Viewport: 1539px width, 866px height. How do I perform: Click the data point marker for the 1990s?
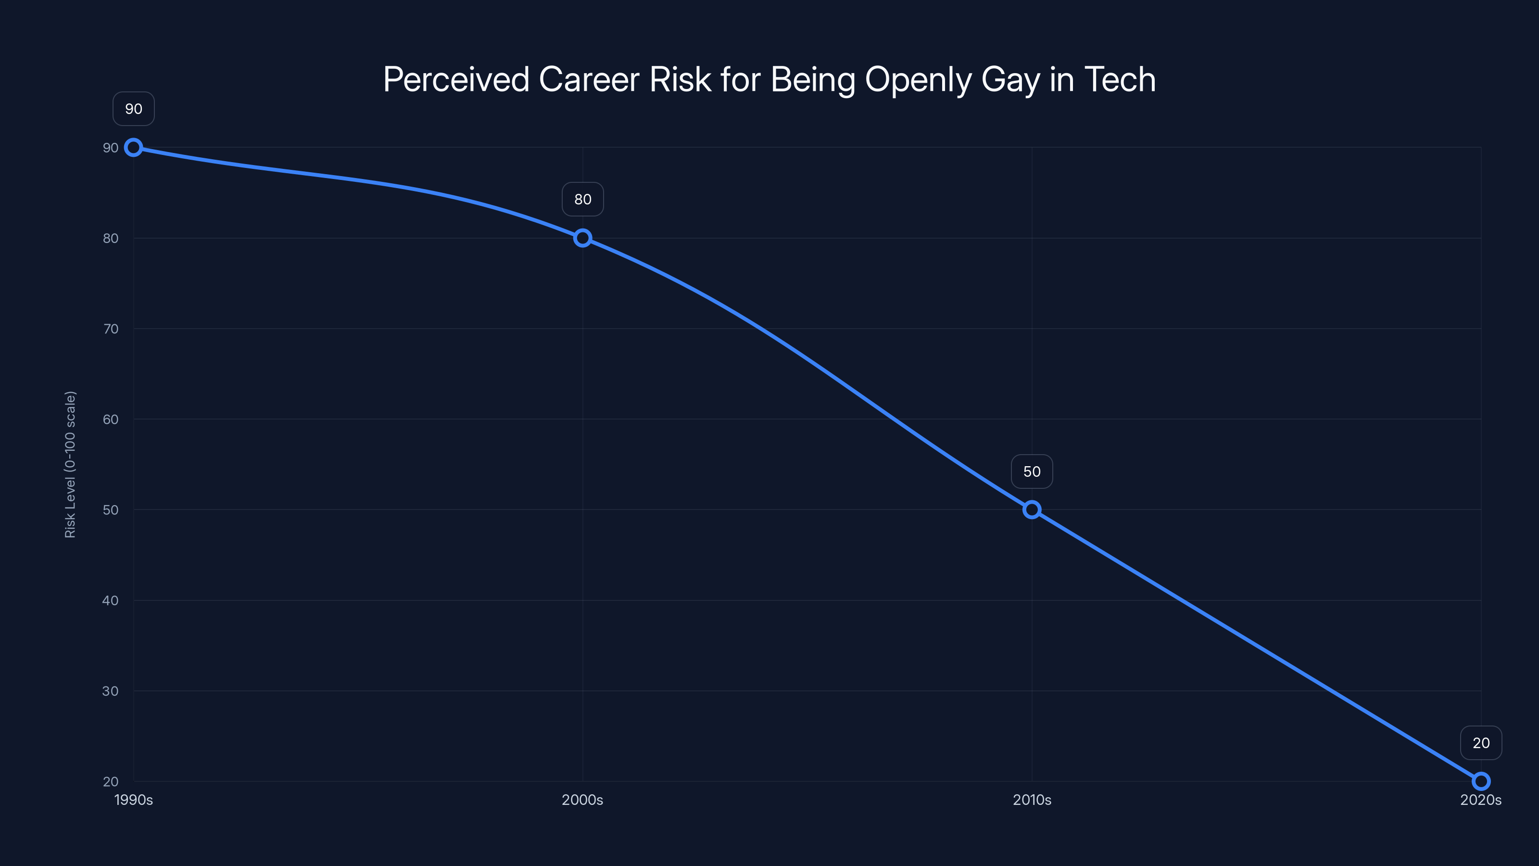(133, 148)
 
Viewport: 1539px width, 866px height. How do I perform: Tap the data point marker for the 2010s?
(1032, 510)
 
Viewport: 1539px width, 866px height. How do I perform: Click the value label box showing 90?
(133, 109)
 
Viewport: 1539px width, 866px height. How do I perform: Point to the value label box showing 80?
(582, 200)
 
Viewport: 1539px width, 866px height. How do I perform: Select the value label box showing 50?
(1032, 471)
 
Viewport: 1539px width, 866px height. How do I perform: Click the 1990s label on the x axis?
(133, 800)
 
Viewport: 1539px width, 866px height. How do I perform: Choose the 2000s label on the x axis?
(582, 800)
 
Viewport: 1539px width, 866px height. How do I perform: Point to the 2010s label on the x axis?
(1032, 800)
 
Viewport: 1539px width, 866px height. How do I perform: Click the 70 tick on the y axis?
(111, 329)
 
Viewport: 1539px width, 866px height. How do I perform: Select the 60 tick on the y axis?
(111, 420)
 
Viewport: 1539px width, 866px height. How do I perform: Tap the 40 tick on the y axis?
(111, 600)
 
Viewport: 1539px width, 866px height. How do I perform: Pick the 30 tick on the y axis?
(111, 691)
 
